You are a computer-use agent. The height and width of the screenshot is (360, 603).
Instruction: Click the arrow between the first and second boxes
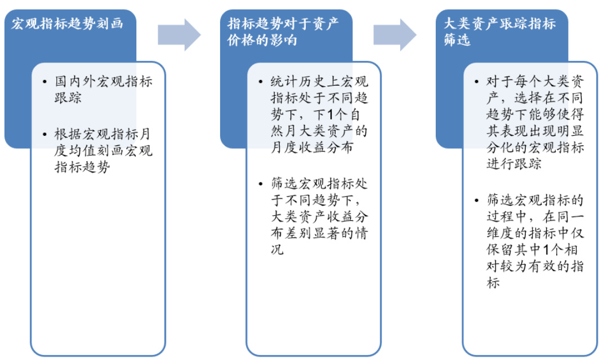[x=179, y=34]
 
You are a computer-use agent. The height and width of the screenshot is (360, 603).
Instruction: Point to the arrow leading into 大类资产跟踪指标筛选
[x=395, y=34]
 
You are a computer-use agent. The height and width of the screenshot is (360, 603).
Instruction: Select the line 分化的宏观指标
[x=534, y=148]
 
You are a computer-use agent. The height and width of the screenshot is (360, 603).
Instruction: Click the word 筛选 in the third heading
[x=457, y=41]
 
